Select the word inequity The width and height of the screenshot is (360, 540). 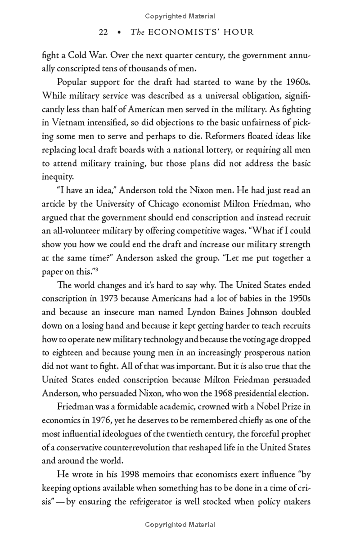56,177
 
